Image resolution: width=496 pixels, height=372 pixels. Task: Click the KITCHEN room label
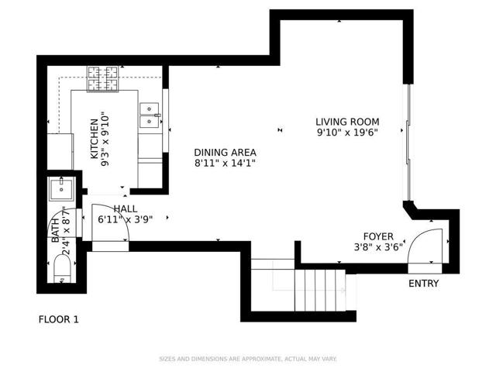coord(94,139)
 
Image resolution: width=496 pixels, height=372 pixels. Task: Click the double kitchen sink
coord(147,115)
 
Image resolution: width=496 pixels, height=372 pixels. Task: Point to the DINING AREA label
coord(225,153)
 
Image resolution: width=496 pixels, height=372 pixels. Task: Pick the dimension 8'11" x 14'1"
coord(225,164)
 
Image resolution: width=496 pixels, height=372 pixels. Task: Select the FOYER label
coord(379,236)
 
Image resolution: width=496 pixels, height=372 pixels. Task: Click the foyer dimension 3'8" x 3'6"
coord(379,248)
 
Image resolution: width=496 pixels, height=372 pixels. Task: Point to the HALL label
coord(125,208)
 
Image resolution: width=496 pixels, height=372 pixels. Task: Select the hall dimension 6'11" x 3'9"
coord(125,219)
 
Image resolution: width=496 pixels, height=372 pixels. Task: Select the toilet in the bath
coord(61,272)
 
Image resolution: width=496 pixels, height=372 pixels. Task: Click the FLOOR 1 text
coord(59,319)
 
